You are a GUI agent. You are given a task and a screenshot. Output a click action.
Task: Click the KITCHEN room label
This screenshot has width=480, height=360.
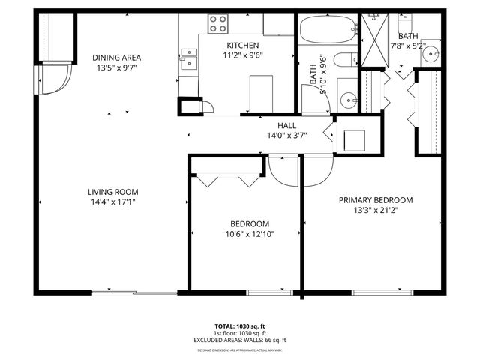pos(243,45)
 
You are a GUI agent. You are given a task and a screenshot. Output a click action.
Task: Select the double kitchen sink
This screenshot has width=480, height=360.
pos(188,58)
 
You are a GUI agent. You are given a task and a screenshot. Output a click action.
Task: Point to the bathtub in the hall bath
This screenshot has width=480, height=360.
pos(328,31)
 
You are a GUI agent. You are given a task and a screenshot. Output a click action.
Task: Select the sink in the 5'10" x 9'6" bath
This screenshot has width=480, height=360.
pos(347,98)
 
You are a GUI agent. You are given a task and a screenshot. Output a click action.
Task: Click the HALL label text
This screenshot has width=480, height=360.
pos(286,125)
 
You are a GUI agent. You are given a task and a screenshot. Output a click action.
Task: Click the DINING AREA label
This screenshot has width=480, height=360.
pos(116,57)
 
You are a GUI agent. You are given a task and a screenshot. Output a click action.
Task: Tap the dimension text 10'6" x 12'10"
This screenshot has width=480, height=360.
pos(250,234)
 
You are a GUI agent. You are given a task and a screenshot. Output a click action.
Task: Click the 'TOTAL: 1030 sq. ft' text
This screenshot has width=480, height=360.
pos(240,326)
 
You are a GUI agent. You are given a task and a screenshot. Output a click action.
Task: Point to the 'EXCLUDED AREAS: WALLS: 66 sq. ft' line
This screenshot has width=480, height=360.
pos(240,340)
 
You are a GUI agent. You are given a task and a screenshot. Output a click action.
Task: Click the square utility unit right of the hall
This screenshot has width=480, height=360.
pos(353,139)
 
